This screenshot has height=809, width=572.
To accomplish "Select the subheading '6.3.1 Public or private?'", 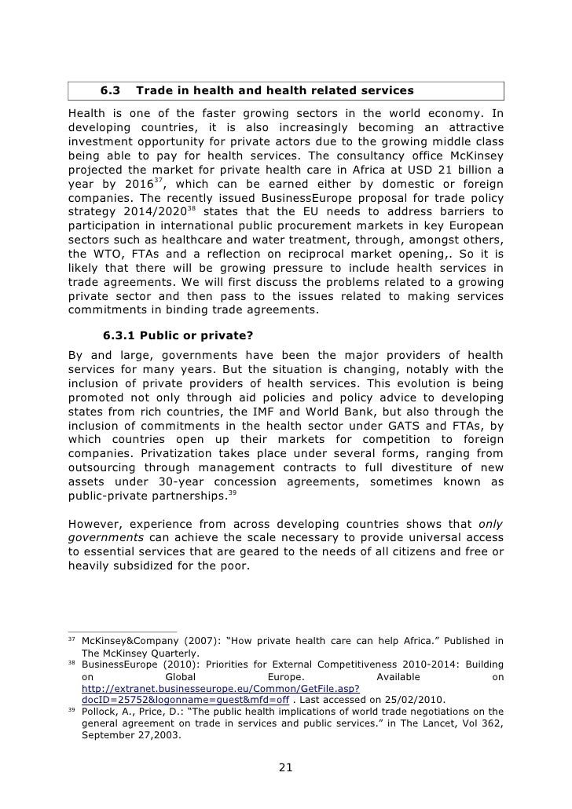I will pos(178,335).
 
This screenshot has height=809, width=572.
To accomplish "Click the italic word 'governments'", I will pos(106,538).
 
